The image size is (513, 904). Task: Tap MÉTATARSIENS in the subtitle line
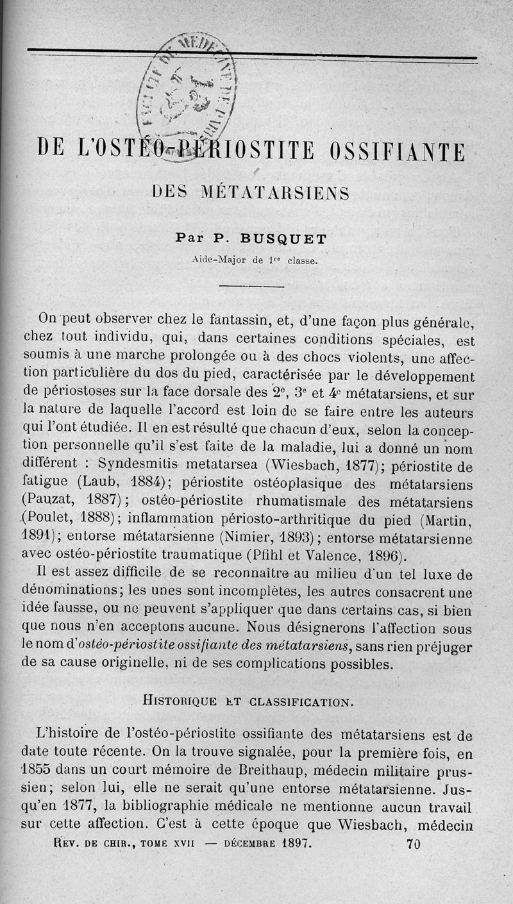pyautogui.click(x=276, y=193)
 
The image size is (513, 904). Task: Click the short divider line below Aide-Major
pyautogui.click(x=255, y=287)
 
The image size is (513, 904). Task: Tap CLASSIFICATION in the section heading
pyautogui.click(x=301, y=701)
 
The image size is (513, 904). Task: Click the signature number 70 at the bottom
pyautogui.click(x=414, y=844)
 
